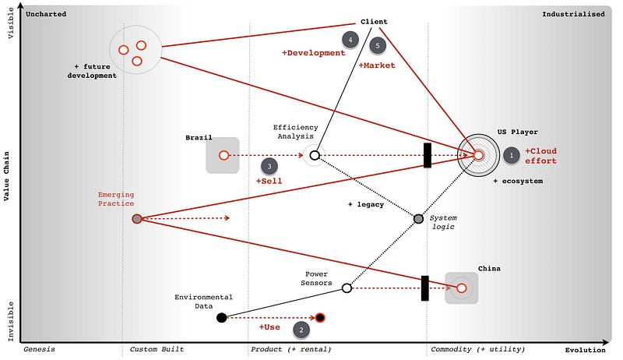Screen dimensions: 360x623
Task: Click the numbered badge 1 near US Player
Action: [511, 155]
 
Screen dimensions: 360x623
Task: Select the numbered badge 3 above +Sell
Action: [269, 165]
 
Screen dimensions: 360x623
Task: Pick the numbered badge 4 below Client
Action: [350, 39]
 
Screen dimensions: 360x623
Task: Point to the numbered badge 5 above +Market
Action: [378, 46]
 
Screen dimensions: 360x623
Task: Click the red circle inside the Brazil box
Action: [224, 156]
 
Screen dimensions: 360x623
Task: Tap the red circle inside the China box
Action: [461, 288]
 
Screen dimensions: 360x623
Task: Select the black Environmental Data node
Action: [221, 317]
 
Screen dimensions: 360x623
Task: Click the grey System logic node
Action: [418, 219]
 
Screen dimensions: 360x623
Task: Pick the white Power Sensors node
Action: [347, 288]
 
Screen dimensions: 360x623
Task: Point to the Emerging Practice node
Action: [137, 219]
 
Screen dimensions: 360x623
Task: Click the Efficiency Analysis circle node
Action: [315, 155]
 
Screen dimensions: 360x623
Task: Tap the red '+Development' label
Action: [313, 53]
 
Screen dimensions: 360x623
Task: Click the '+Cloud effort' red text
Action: [540, 155]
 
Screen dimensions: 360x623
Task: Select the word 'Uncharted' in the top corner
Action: [46, 14]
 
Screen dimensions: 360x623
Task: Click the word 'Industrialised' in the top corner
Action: [573, 14]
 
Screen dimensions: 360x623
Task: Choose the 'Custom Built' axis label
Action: [157, 349]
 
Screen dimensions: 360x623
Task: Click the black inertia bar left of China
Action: [425, 288]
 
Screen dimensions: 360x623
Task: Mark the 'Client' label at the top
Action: [374, 21]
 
